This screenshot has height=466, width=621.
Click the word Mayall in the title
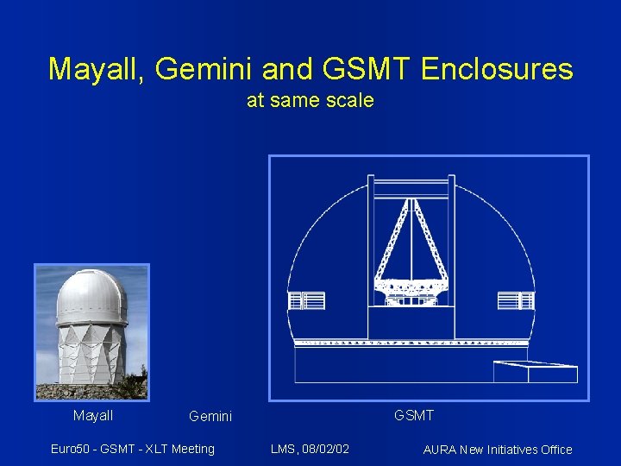click(96, 69)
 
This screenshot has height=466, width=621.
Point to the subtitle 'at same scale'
click(310, 100)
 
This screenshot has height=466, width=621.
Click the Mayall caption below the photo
click(93, 416)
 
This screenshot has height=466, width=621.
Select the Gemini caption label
click(210, 417)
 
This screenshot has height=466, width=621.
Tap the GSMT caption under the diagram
click(414, 416)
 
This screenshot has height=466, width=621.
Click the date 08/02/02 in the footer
click(329, 449)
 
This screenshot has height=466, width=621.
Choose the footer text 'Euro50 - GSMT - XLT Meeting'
click(133, 449)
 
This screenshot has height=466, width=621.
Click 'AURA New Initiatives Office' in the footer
click(498, 449)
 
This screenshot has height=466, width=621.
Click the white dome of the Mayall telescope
click(91, 296)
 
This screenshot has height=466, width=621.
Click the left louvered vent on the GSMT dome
click(306, 300)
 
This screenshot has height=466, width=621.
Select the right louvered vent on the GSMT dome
click(516, 300)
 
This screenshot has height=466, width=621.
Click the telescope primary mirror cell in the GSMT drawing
click(411, 288)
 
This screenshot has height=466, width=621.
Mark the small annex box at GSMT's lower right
click(535, 371)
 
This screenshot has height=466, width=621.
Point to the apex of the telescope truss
click(412, 202)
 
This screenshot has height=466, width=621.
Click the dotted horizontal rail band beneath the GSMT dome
click(411, 343)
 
